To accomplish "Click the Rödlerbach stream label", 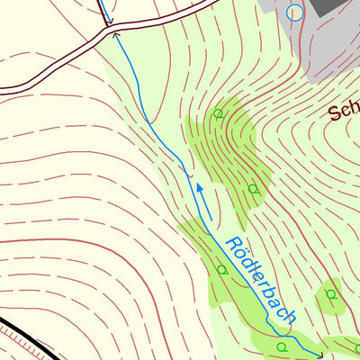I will (261, 280).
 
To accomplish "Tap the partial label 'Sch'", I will (343, 112).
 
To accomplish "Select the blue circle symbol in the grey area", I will (294, 13).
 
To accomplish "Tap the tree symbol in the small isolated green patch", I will (331, 293).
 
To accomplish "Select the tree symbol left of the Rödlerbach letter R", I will (221, 269).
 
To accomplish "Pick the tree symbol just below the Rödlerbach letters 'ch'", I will (282, 346).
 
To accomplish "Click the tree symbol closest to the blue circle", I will (218, 114).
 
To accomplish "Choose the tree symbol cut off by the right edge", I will (357, 347).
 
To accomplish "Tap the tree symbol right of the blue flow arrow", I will (254, 190).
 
